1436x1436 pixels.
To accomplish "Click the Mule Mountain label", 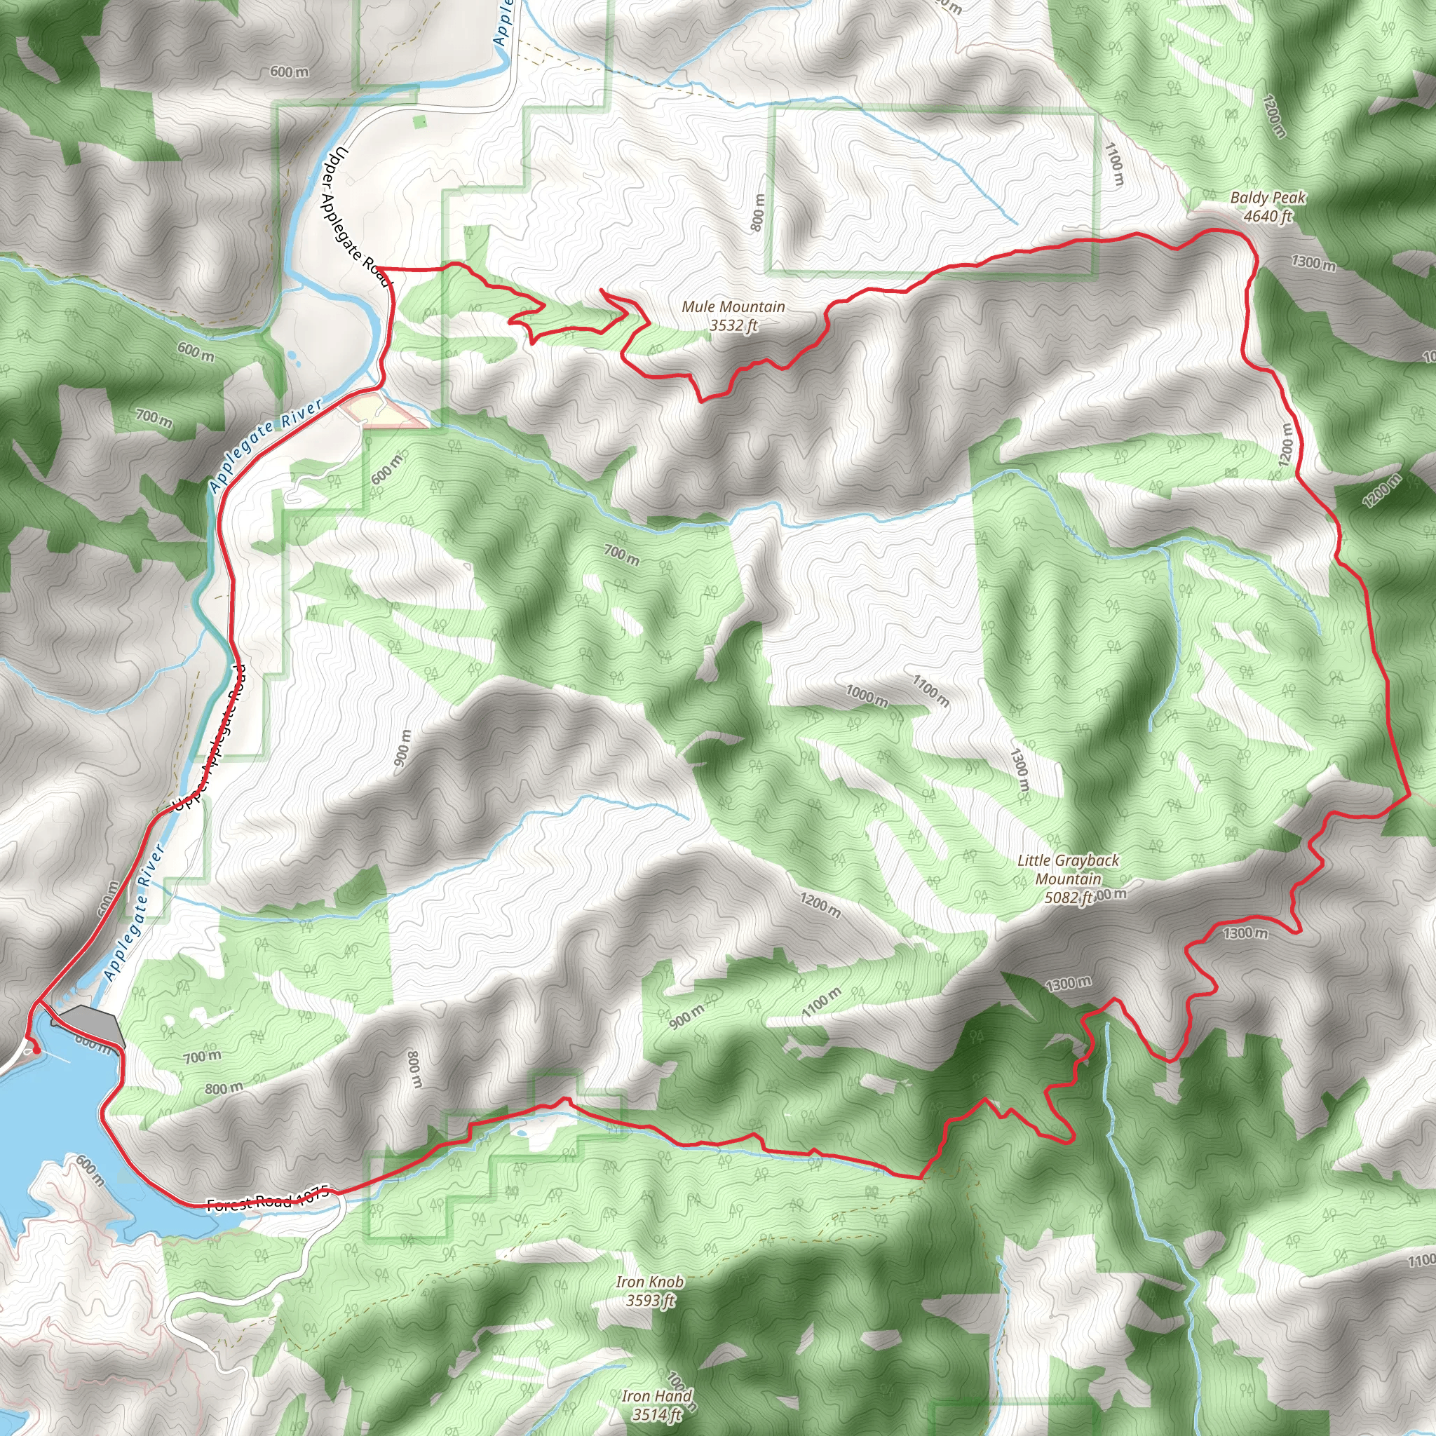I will pos(733,306).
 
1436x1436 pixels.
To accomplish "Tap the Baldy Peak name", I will pos(1267,198).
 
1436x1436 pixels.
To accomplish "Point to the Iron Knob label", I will pos(649,1282).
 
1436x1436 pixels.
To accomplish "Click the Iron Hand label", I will pos(657,1396).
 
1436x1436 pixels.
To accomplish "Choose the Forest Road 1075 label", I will pos(267,1202).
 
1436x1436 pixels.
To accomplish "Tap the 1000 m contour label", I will pos(866,696).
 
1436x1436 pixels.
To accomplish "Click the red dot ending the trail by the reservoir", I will pos(36,1050).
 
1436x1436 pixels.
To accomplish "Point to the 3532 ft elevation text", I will pos(733,325).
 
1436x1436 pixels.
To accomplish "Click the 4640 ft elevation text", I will pos(1267,216).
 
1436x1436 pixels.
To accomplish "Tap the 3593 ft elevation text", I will pos(649,1301).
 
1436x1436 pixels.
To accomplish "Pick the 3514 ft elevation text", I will pos(657,1414).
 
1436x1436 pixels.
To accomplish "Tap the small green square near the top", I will pos(420,120).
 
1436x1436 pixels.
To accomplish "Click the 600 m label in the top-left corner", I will pos(289,72).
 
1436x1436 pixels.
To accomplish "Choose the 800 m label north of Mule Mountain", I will pos(757,212).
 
